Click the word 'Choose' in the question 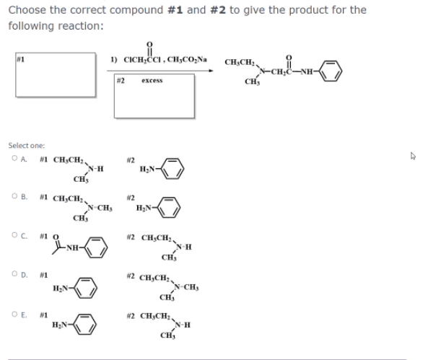(27, 10)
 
